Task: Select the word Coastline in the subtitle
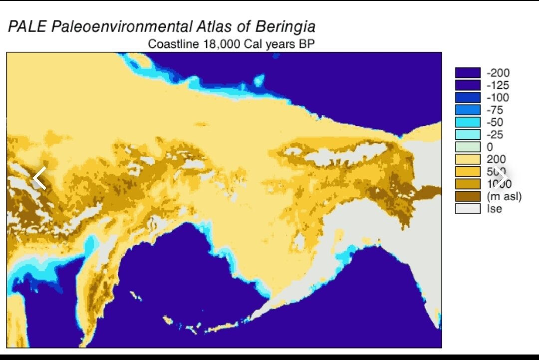pos(173,44)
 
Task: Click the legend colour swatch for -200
pos(467,73)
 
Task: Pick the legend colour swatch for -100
pos(467,97)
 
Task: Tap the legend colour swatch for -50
pos(467,122)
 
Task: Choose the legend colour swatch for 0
pos(467,147)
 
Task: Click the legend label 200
pos(496,159)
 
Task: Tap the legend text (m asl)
pos(504,196)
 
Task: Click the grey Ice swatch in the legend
pos(467,209)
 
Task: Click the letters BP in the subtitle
pos(306,44)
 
